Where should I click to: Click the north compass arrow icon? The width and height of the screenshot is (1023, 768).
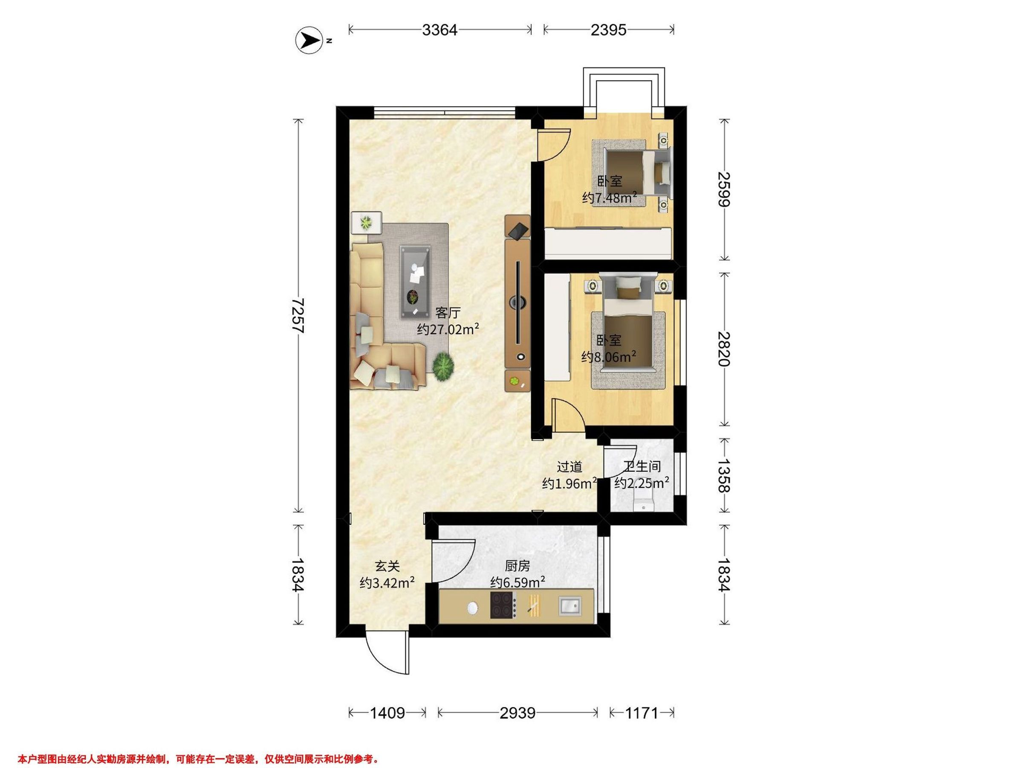coord(309,41)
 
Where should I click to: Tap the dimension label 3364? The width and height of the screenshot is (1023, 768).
coord(440,30)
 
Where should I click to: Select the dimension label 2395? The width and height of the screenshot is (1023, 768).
coord(609,30)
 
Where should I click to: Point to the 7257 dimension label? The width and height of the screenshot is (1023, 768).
coord(298,316)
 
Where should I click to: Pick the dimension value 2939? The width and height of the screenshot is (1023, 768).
coord(517,713)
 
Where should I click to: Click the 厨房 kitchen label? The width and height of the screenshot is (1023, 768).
coord(517,566)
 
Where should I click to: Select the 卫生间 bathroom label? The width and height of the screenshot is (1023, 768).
coord(642,467)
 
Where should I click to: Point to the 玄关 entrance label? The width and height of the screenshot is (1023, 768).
coord(387,566)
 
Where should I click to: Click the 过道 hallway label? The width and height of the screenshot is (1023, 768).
coord(569,467)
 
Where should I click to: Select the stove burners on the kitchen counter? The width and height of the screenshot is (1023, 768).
coord(503,605)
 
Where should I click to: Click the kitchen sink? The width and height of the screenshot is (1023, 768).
coord(570,605)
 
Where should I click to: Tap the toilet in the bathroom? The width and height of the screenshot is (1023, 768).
coord(643,502)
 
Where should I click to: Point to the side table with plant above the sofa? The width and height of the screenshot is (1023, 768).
coord(366,223)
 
